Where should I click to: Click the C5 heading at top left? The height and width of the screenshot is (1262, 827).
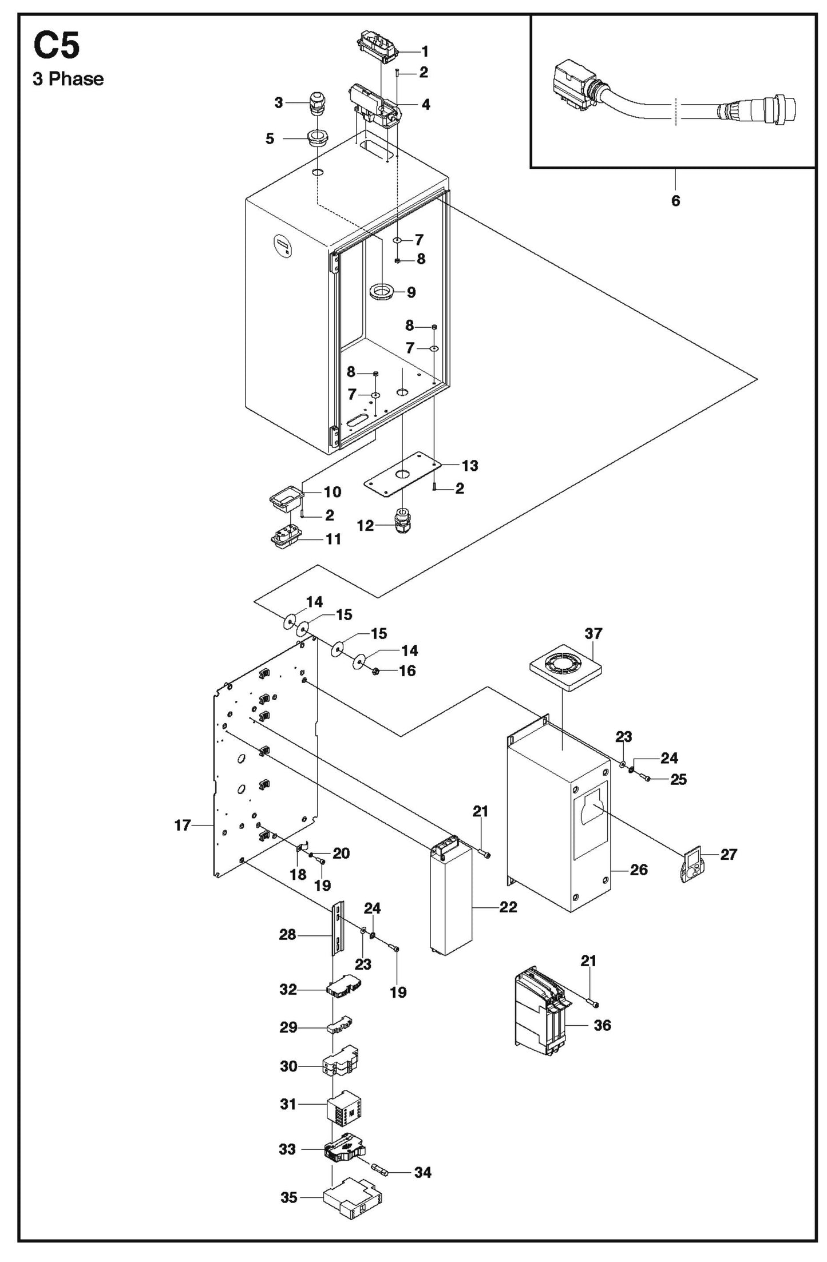pos(56,45)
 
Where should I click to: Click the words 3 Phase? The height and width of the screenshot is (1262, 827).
pos(68,79)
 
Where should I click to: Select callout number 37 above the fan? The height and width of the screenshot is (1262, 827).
pos(593,633)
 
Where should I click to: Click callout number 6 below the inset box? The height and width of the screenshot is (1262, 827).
pos(675,201)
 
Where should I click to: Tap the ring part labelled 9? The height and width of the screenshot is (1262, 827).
pos(382,292)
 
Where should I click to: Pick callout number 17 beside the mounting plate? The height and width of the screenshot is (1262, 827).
pos(182,825)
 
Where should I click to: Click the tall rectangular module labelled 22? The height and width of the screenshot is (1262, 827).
pos(452,906)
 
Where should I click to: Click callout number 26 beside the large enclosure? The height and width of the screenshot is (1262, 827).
pos(638,870)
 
